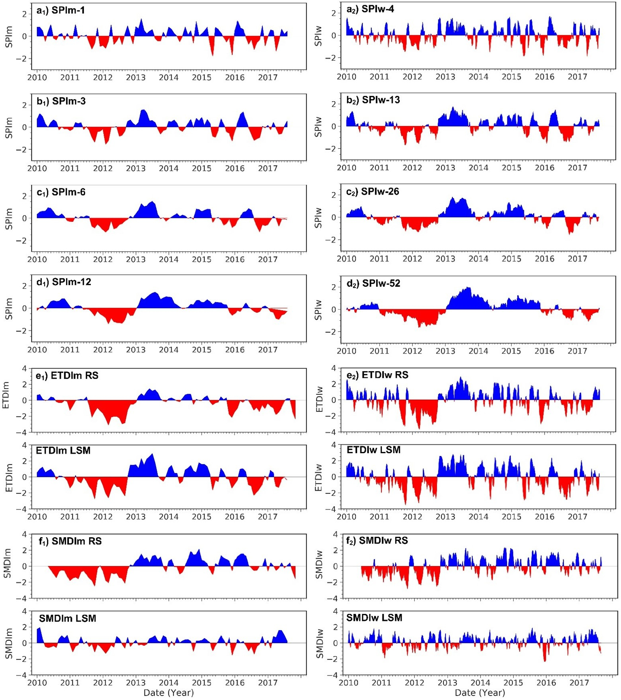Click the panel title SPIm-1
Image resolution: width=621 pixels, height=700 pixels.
coord(61,11)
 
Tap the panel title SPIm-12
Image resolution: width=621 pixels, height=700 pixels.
coord(64,282)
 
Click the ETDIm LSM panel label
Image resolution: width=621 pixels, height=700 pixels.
coord(63,450)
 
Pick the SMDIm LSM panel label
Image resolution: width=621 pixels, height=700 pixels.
coord(67,618)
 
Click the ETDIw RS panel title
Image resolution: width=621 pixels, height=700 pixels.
coord(377,375)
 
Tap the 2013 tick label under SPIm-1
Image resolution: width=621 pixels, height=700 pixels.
coord(136,77)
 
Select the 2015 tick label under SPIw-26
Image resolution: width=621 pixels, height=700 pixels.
coord(511,259)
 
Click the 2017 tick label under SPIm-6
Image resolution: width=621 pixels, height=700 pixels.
coord(268,259)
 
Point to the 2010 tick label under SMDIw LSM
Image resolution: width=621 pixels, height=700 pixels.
coord(348,682)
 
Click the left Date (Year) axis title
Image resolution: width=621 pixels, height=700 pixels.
coord(168,693)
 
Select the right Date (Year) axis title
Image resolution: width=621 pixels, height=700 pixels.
coord(480,693)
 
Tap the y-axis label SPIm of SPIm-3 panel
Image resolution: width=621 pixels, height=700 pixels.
coord(9,128)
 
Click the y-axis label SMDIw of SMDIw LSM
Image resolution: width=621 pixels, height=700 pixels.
coord(319,643)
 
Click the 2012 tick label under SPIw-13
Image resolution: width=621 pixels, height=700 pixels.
coord(412,168)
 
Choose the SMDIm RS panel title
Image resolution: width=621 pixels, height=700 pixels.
coord(70,541)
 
